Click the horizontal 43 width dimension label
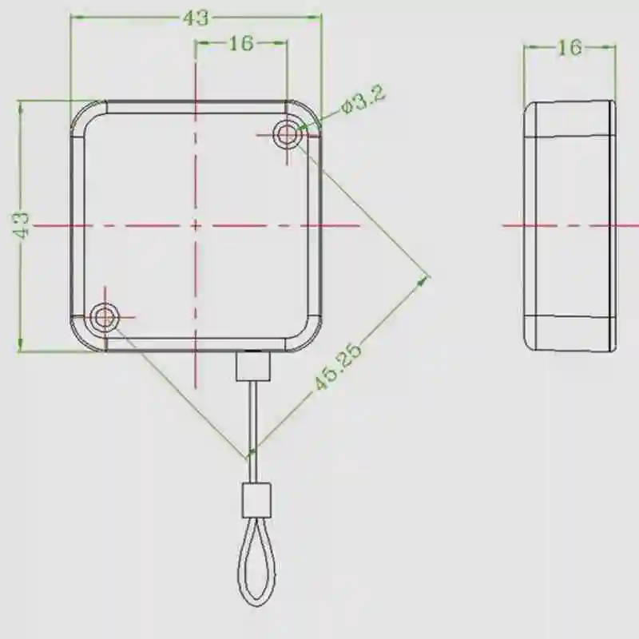[x=196, y=18]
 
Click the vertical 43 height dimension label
[x=21, y=225]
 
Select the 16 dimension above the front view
[x=241, y=43]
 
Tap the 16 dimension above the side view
[x=570, y=48]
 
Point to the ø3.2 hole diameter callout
[x=363, y=100]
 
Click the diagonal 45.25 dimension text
[x=337, y=367]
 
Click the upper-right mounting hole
[x=288, y=134]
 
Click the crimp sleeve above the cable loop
[x=256, y=500]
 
